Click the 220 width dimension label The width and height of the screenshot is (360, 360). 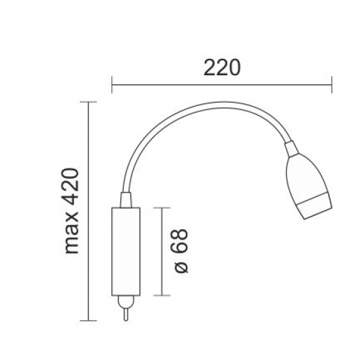pyautogui.click(x=222, y=67)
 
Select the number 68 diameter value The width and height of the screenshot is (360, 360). pyautogui.click(x=181, y=241)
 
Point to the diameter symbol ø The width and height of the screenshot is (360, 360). pyautogui.click(x=181, y=266)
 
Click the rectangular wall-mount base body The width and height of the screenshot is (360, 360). pyautogui.click(x=126, y=251)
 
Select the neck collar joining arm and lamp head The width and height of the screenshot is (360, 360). pyautogui.click(x=291, y=149)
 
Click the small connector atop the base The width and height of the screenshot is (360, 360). pyautogui.click(x=126, y=200)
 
